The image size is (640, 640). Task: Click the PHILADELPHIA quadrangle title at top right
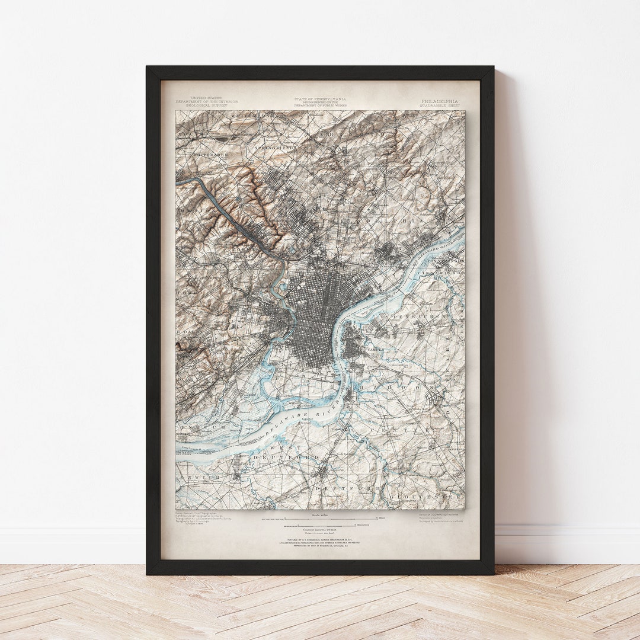[x=439, y=101]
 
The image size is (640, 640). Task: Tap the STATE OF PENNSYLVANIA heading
[x=320, y=99]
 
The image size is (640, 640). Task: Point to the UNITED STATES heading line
[x=206, y=98]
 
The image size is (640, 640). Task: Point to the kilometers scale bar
[x=320, y=525]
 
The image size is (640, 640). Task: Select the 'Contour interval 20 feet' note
[x=320, y=529]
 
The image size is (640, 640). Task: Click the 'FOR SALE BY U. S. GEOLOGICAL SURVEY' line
[x=320, y=539]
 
